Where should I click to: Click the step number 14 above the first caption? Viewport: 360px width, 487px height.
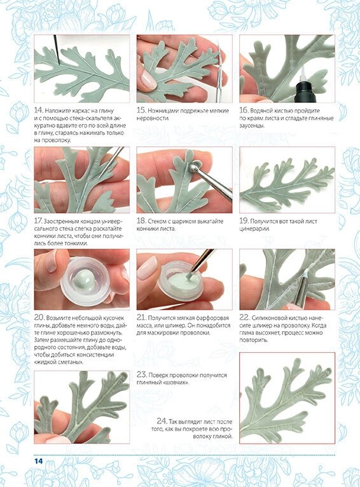38,110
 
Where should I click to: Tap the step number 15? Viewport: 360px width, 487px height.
141,110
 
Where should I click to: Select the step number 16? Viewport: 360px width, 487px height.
244,110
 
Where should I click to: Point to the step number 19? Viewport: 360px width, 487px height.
244,221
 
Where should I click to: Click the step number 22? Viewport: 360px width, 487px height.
244,317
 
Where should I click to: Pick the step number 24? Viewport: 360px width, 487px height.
162,421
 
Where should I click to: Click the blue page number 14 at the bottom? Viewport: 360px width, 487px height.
39,461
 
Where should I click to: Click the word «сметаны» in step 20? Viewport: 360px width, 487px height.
71,362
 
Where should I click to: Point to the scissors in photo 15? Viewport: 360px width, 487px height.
221,72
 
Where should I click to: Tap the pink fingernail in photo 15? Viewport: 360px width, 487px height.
148,79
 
